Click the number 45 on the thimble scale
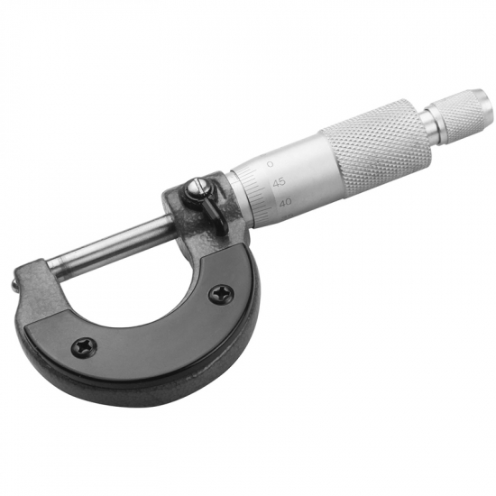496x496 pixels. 279,182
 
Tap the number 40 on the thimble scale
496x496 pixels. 285,202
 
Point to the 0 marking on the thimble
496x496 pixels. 271,164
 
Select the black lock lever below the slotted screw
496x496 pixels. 216,218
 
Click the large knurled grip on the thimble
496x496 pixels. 376,148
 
